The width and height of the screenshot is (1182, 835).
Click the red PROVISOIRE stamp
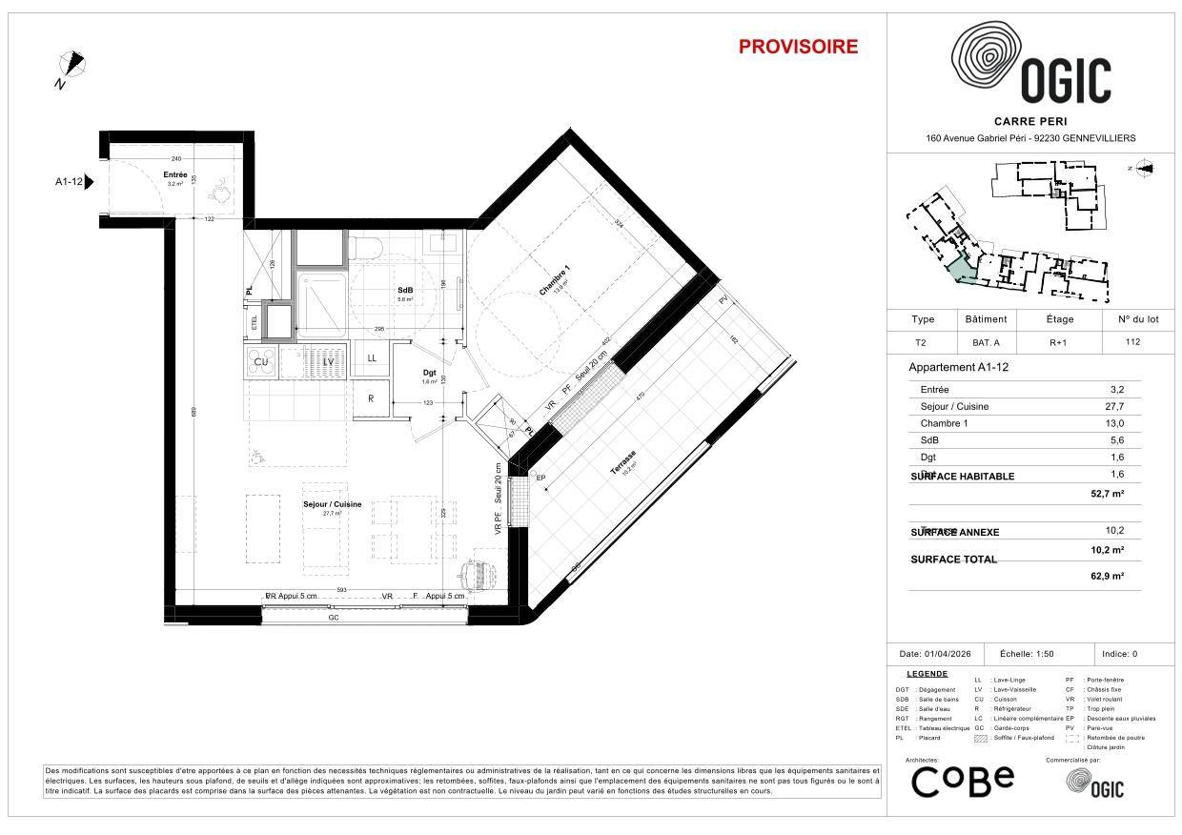click(x=798, y=47)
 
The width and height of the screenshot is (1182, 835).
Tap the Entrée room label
click(x=175, y=175)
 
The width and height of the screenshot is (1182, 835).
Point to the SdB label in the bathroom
click(x=405, y=291)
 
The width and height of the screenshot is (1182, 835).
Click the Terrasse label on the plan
click(x=624, y=463)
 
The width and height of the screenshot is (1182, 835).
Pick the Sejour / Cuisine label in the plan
click(x=332, y=504)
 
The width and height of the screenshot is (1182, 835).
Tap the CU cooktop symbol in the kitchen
click(x=260, y=361)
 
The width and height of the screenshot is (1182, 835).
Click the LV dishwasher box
click(x=328, y=361)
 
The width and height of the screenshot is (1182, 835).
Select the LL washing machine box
click(x=371, y=358)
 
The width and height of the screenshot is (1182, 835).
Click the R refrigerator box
click(x=371, y=398)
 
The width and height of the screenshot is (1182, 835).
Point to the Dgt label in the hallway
click(x=429, y=373)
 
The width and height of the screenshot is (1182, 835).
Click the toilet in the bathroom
click(x=366, y=249)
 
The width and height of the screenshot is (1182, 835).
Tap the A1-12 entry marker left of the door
click(x=71, y=181)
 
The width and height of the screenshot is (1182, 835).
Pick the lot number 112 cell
click(x=1131, y=342)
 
